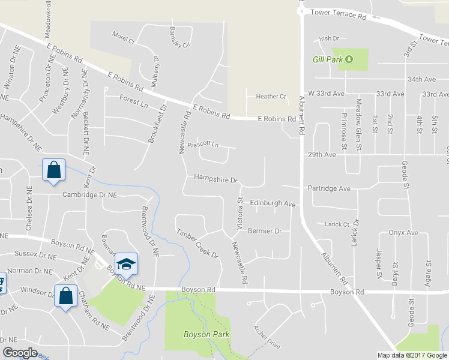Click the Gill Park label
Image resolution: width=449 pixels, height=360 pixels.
click(x=327, y=59)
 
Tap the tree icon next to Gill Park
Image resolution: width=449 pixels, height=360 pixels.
click(x=349, y=59)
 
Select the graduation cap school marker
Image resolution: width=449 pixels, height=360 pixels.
click(x=126, y=264)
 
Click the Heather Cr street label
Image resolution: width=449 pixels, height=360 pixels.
click(x=271, y=97)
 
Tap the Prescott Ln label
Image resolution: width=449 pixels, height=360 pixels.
click(x=203, y=145)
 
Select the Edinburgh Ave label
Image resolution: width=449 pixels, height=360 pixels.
click(x=273, y=204)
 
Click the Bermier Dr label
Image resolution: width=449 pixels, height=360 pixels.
click(x=265, y=231)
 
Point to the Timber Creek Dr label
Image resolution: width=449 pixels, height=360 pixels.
click(x=197, y=243)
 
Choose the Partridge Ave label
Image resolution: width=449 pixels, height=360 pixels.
click(x=328, y=188)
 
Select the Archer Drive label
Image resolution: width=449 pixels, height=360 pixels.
click(x=267, y=337)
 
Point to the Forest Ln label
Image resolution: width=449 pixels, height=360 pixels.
click(x=133, y=101)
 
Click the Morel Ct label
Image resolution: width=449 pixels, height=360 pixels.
click(x=123, y=38)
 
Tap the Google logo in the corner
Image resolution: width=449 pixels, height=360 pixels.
click(x=20, y=353)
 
